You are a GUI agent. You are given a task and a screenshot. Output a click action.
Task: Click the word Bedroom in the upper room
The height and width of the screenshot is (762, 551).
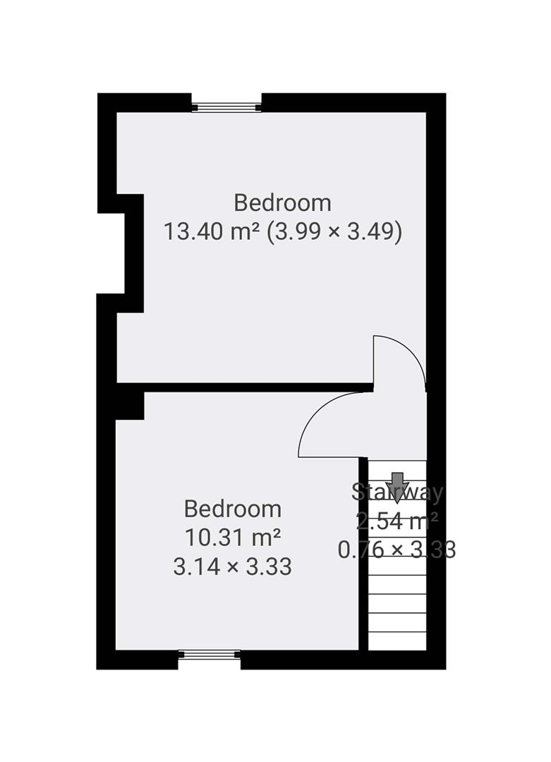282,203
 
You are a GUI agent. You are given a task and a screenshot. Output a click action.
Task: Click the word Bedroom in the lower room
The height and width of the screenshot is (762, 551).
232,509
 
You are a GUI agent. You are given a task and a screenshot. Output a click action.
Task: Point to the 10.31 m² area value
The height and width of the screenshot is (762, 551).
232,538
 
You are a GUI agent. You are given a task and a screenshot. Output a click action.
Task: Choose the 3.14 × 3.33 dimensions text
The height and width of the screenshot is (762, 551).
232,567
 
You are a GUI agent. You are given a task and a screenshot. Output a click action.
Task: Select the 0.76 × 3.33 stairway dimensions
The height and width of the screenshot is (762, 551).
397,550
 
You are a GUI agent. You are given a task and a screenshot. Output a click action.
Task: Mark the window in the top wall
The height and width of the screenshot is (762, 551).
226,107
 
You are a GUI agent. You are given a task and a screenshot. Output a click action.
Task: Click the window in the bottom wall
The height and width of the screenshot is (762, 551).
209,655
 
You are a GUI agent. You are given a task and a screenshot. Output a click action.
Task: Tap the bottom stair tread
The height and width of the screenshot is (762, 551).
397,641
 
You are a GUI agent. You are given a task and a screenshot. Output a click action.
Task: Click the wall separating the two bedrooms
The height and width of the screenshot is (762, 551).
247,387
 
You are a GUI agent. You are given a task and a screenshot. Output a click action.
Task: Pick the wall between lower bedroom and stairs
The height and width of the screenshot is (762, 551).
363,554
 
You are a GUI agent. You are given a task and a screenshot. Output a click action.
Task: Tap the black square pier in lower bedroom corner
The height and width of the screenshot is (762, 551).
130,405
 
